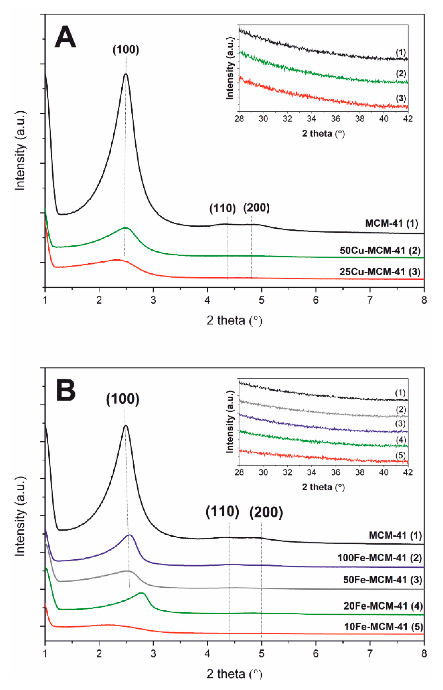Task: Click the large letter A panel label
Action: tap(66, 37)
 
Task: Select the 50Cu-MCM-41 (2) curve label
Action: tap(380, 250)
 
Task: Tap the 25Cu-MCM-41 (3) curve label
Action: tap(380, 272)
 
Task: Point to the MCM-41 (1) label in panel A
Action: tap(391, 223)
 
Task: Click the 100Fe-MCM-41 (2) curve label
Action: tap(380, 558)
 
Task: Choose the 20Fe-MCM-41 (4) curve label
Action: tap(383, 606)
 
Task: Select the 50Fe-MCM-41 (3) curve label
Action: tap(383, 580)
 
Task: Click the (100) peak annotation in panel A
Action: tap(126, 50)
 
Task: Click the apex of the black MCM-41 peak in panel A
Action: tap(126, 74)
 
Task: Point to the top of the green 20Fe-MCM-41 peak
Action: tap(142, 593)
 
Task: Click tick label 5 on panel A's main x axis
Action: tap(261, 300)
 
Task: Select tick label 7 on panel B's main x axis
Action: tap(370, 654)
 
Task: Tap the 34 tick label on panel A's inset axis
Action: tap(311, 119)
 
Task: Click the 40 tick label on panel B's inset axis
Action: tap(384, 472)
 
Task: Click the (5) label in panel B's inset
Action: tap(401, 455)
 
